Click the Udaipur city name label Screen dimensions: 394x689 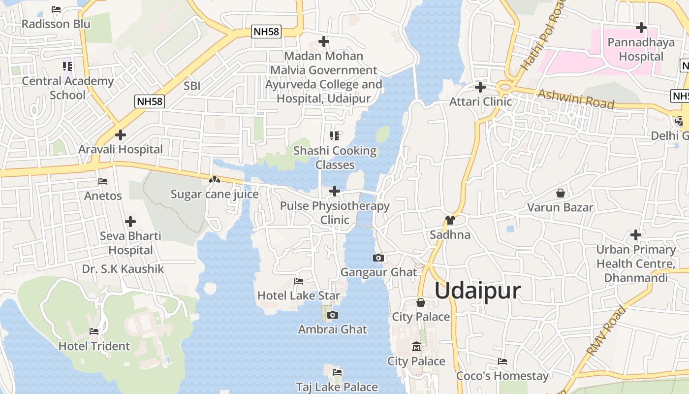[477, 291]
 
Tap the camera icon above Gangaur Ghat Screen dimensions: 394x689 [378, 258]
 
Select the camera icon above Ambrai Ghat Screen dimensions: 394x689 [333, 315]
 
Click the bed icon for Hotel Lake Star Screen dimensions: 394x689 [298, 281]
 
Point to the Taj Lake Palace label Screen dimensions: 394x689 [337, 387]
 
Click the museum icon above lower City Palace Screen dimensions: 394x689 [416, 347]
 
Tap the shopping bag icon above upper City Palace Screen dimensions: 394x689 [421, 302]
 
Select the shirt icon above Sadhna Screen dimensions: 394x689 [450, 220]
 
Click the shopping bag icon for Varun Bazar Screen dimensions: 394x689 [560, 193]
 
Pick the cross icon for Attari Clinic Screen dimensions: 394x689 [480, 87]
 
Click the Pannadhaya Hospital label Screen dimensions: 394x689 [641, 49]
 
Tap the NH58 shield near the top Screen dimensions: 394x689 [266, 32]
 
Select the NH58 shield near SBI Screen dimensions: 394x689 [150, 101]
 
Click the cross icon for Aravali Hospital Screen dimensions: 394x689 [120, 134]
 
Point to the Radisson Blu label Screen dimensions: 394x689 [56, 24]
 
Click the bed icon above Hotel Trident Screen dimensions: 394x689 [94, 331]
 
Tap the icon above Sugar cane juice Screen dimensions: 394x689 [214, 180]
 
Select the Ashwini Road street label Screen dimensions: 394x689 [576, 99]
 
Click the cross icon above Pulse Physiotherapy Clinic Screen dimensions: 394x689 [335, 191]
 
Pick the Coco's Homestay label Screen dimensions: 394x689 [502, 376]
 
